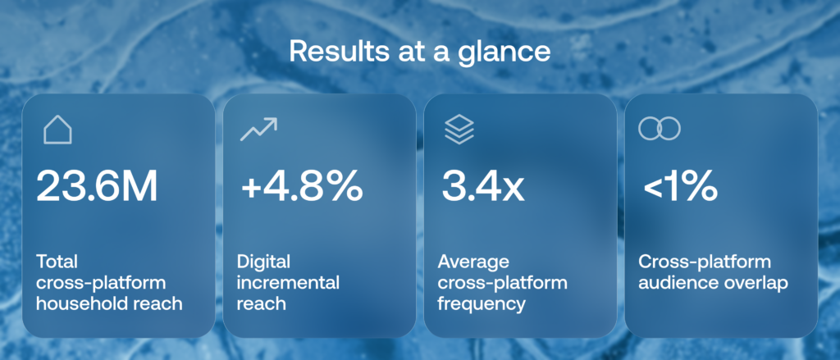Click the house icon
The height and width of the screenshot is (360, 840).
(57, 130)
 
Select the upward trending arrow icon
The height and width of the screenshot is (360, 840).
(258, 129)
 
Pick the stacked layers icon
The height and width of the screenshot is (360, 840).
(459, 130)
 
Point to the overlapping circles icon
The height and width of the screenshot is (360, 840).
(660, 129)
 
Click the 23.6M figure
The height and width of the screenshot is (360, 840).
(97, 185)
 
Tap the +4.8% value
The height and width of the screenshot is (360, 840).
(302, 186)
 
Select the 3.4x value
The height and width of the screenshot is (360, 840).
(482, 186)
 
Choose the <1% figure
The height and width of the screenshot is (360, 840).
(680, 186)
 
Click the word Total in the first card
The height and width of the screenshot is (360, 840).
(57, 262)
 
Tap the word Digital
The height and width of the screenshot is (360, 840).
(263, 262)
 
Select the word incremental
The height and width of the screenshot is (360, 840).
(288, 283)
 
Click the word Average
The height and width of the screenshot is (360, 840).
(473, 262)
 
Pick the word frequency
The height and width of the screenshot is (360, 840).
(481, 304)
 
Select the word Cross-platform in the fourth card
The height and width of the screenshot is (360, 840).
(705, 262)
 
